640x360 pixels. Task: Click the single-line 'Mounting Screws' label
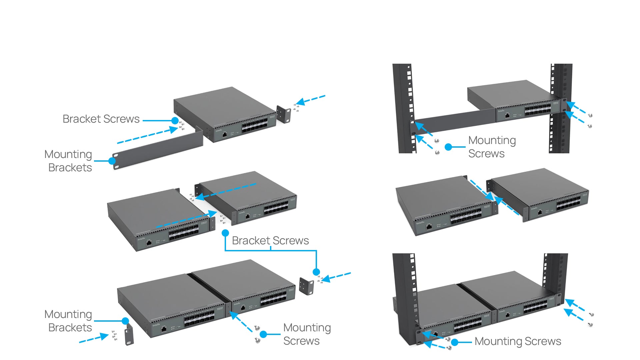[x=518, y=341]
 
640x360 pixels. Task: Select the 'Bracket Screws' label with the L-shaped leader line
[x=270, y=241]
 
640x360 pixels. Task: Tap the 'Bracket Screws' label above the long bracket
[x=101, y=119]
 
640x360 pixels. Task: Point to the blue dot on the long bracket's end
[x=112, y=161]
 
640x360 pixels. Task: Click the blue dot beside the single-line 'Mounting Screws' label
[x=454, y=342]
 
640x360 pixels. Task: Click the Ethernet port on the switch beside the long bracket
[x=225, y=134]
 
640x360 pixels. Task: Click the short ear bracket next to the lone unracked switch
[x=284, y=114]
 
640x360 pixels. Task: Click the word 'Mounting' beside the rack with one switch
[x=492, y=140]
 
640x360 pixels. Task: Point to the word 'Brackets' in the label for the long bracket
[x=70, y=168]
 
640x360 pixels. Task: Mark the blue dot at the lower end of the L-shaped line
[x=316, y=272]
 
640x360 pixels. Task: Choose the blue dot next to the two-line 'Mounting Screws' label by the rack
[x=448, y=147]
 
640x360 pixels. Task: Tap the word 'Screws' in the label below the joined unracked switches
[x=301, y=341]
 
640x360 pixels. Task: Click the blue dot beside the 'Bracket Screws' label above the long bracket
[x=175, y=120]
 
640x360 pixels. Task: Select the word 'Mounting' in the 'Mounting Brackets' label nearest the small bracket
[x=68, y=314]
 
